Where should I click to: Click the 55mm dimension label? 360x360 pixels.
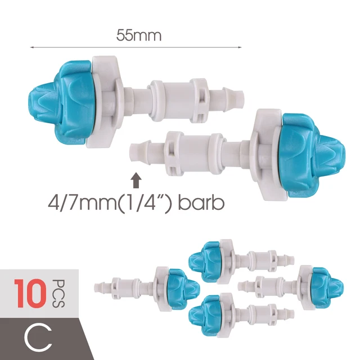[x=139, y=35]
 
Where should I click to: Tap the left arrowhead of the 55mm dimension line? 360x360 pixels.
[x=32, y=47]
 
